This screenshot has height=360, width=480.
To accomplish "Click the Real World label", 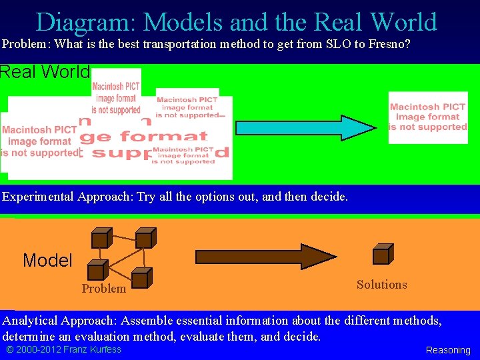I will coord(45,72).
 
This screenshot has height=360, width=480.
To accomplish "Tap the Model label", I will coord(47,261).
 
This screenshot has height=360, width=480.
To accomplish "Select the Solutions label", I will coord(381,285).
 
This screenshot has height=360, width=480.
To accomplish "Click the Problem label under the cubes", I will coord(103,289).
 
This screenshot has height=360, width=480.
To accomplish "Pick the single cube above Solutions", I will coord(383,254).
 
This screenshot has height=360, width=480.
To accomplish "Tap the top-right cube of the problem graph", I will coord(145,238).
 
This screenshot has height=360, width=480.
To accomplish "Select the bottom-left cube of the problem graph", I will coord(97,270).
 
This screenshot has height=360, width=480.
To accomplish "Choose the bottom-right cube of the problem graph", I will coord(142,278).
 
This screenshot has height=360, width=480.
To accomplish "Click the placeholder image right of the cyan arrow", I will coord(428,117).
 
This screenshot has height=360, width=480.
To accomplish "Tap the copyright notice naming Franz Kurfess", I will coord(63,349).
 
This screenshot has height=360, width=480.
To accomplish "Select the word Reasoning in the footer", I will coord(448,350).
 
